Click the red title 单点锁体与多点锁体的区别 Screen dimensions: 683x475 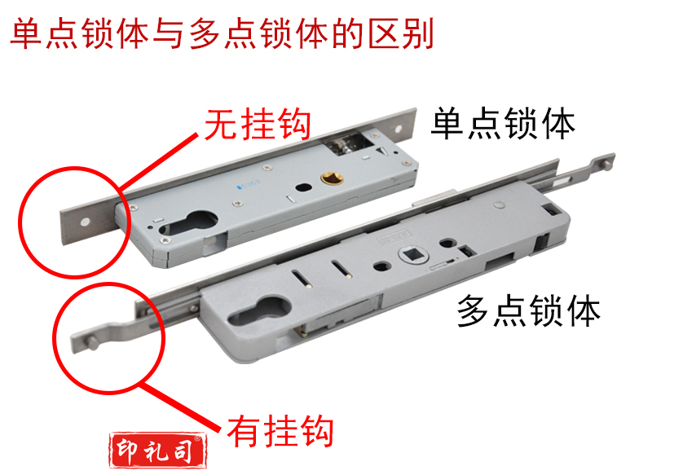(x=223, y=33)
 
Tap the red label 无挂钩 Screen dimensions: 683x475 (x=258, y=124)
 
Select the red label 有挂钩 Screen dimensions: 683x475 (x=280, y=430)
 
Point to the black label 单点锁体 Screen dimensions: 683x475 (x=503, y=124)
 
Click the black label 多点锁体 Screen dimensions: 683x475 (x=529, y=311)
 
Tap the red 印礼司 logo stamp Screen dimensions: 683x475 (x=157, y=451)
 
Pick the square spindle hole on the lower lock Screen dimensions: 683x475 (x=412, y=254)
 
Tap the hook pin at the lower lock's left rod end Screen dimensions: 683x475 (x=93, y=343)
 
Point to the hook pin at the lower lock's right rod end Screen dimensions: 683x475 (x=606, y=163)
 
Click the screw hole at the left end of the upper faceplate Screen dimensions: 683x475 (x=84, y=222)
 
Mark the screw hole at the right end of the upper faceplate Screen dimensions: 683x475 (x=399, y=130)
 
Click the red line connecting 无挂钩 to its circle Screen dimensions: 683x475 (x=157, y=162)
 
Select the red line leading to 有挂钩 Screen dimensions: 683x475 (x=183, y=407)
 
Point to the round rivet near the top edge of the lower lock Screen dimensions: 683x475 (x=498, y=204)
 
